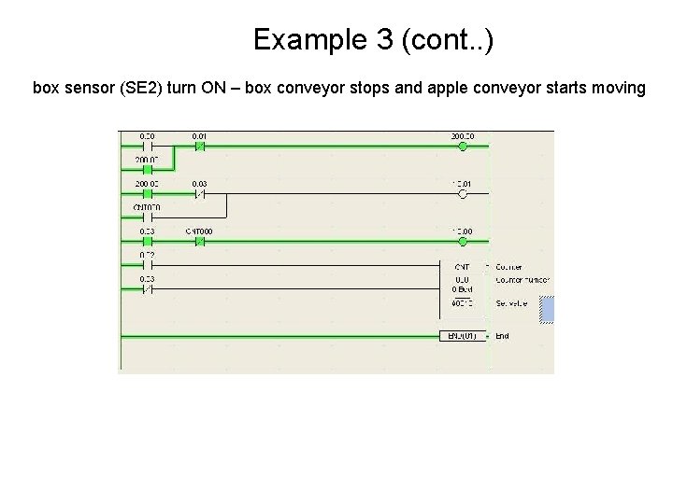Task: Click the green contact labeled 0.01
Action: click(199, 146)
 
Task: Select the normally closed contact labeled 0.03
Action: click(199, 194)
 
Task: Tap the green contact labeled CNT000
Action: click(199, 241)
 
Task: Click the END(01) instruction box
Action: click(463, 336)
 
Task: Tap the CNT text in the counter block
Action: click(462, 267)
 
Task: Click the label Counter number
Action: click(523, 279)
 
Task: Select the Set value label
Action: click(512, 303)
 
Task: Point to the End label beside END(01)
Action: click(503, 336)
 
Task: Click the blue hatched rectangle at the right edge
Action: click(547, 310)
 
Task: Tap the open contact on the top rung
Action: click(147, 146)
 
